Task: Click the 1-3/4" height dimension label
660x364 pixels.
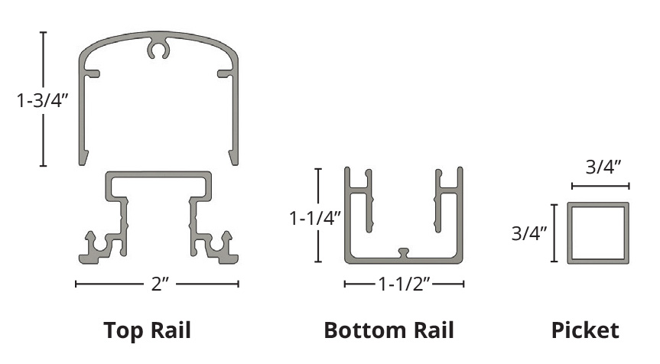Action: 42,101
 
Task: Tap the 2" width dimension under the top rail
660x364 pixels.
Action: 160,284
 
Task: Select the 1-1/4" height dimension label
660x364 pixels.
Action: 315,218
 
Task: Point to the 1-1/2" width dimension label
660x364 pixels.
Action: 404,284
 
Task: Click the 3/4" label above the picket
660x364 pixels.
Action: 603,167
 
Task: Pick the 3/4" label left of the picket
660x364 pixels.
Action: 529,233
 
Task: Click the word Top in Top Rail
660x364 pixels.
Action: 123,331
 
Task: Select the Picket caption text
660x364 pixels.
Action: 585,330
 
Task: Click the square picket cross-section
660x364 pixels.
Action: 569,233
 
